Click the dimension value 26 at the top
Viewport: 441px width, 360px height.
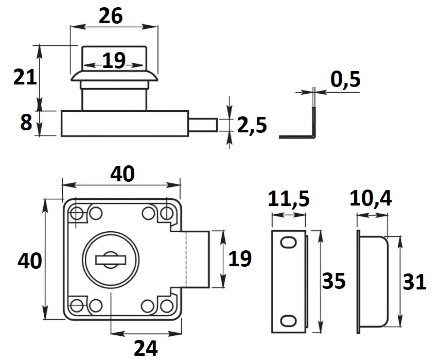coord(111,16)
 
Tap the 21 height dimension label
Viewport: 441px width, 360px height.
coord(25,78)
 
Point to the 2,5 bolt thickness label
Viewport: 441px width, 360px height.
coord(252,125)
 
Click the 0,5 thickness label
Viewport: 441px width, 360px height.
coord(345,80)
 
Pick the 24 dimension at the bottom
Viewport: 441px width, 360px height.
coord(146,348)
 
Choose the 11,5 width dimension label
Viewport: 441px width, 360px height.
coord(290,199)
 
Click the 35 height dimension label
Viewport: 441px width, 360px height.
coord(333,281)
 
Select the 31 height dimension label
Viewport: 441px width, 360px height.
coord(414,282)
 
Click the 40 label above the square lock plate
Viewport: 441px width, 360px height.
coord(122,175)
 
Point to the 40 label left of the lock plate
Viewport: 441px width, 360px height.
coord(29,261)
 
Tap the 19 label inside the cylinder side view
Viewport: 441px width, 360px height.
coord(114,61)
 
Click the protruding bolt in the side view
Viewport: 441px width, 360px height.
coord(204,124)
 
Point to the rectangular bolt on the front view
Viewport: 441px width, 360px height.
coord(196,259)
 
